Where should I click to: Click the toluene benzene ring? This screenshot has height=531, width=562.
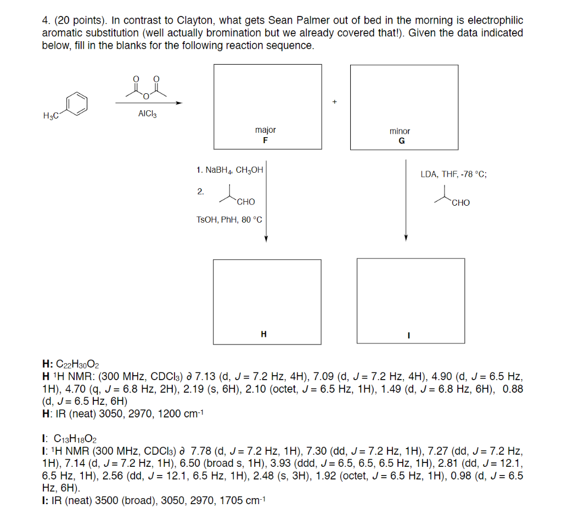click(x=77, y=103)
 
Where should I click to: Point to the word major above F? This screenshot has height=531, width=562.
click(x=266, y=130)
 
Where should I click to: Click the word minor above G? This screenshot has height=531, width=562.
click(x=400, y=131)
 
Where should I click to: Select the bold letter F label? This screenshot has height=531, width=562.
click(x=266, y=140)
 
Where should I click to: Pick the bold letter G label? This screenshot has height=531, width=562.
click(x=401, y=141)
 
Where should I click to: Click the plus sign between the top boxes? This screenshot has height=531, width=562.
click(x=334, y=102)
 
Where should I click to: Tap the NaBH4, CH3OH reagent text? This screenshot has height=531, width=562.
click(x=229, y=170)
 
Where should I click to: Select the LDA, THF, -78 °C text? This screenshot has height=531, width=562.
click(x=453, y=174)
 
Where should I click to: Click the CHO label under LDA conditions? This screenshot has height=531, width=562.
click(x=460, y=202)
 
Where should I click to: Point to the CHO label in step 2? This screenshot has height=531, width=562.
click(x=245, y=202)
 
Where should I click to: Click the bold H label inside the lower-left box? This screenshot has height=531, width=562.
click(x=263, y=334)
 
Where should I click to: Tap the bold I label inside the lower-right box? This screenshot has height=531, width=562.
click(x=408, y=335)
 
